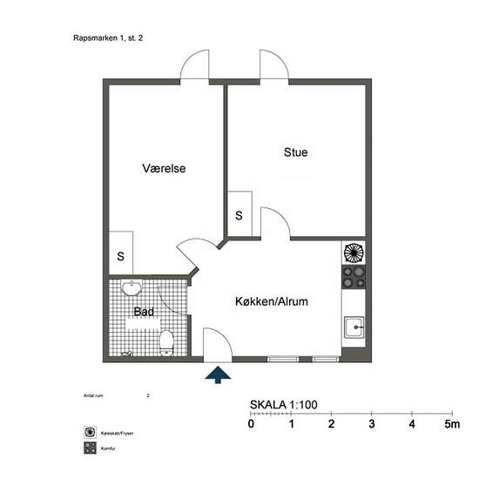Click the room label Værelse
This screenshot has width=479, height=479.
(x=164, y=168)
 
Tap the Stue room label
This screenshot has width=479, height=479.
(x=295, y=152)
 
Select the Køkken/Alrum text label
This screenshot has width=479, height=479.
(x=272, y=301)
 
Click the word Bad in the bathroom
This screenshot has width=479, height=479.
(x=143, y=311)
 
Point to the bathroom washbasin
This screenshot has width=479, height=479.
(x=131, y=288)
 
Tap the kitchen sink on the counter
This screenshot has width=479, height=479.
(x=354, y=328)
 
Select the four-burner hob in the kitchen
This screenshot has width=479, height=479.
(x=353, y=278)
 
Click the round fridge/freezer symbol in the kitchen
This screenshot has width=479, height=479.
(x=353, y=253)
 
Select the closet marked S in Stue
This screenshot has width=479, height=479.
(x=239, y=214)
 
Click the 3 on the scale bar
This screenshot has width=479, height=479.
(x=372, y=424)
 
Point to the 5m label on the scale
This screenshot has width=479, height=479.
(x=450, y=424)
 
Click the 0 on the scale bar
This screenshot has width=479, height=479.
(x=251, y=424)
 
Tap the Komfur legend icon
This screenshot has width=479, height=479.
(x=89, y=449)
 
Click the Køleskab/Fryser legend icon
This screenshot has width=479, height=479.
(x=89, y=432)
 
